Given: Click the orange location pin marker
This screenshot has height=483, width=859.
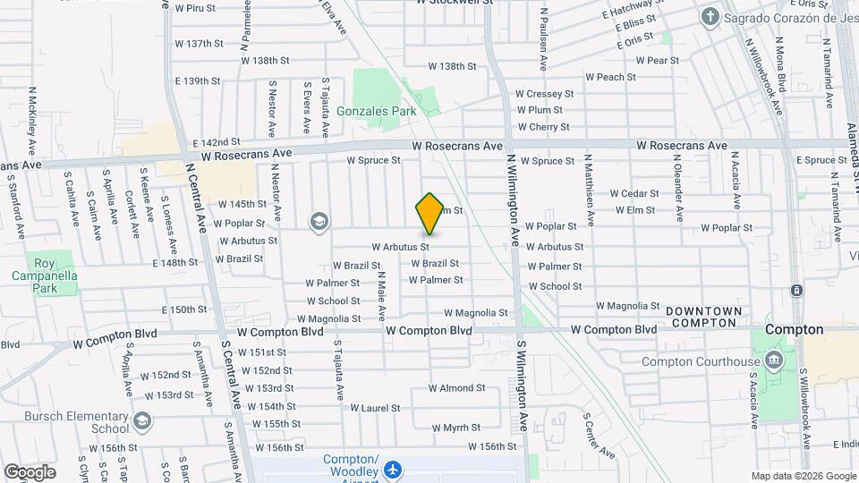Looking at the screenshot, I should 429,214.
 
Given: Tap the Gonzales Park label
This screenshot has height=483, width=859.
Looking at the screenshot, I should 378,112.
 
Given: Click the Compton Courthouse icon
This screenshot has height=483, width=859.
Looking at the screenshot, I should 775,361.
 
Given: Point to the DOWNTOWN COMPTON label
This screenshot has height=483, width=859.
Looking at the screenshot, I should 703,316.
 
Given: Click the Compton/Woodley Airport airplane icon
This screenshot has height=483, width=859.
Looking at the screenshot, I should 392,469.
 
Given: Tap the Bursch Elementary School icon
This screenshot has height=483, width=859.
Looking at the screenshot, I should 142,420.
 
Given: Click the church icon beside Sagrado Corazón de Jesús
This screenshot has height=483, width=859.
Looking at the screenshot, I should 709,16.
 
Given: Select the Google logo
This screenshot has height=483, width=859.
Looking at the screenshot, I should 30,471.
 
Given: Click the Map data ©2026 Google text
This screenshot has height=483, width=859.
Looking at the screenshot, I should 803,476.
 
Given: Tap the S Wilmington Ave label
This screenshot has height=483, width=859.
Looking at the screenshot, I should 522,374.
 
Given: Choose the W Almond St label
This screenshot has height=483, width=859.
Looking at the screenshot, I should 456,388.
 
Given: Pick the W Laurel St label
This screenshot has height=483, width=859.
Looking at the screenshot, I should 375,408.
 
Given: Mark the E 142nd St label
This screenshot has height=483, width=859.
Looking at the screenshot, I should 217,142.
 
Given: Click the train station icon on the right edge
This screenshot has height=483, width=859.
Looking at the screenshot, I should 795,291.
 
